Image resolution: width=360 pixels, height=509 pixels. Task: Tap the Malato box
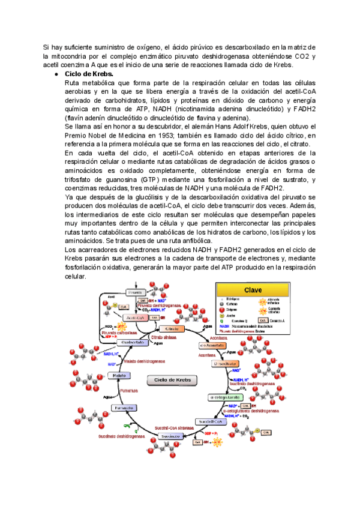tap(118, 375)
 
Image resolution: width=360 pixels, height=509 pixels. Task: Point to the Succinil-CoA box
tap(209, 422)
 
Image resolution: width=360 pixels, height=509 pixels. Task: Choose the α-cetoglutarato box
tap(224, 397)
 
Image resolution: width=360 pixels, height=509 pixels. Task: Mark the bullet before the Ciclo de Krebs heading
tap(55, 73)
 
